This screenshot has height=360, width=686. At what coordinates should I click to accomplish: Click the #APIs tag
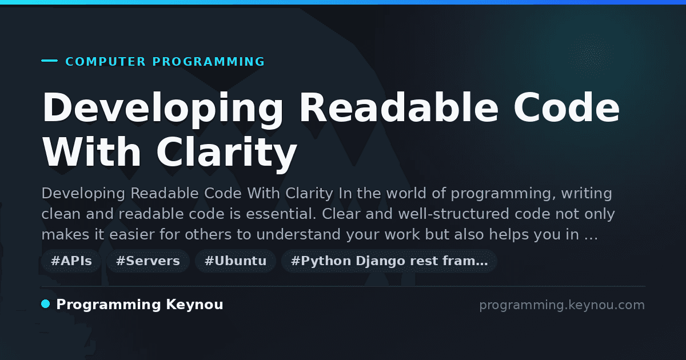coord(71,261)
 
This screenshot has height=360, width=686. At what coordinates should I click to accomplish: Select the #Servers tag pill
coord(148,261)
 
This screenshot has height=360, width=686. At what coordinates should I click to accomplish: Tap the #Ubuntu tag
coord(236,261)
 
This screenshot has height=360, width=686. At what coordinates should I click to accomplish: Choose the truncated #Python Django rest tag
coord(389,261)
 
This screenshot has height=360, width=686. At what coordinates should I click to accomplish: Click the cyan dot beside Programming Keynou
coord(46,304)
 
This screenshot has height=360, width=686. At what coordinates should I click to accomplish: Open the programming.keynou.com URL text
coord(562,305)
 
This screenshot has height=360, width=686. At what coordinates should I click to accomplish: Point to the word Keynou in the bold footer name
coord(194,305)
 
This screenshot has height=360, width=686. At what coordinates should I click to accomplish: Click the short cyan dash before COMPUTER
coord(49,61)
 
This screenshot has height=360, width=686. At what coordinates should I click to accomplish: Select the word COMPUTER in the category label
coord(106,62)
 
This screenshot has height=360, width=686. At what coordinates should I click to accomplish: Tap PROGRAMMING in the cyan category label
coord(209,62)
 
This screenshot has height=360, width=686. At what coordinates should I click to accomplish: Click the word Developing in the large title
coord(163,109)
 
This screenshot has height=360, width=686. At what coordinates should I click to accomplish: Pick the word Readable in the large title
coord(399,107)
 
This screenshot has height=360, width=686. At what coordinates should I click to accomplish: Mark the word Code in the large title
coord(567,107)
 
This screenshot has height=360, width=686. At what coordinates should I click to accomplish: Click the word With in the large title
coord(91,151)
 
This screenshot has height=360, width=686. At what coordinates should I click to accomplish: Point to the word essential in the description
coord(281,214)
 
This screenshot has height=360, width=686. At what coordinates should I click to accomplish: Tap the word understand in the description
coord(298,234)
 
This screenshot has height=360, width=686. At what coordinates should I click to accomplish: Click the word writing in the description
coord(587,194)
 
